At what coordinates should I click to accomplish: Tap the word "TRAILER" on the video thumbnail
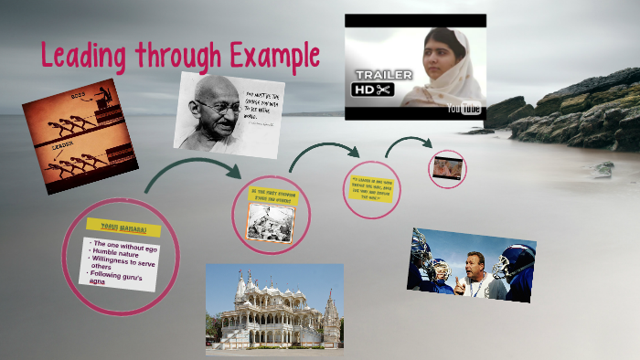pos(383,74)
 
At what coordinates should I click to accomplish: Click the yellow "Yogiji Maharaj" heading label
pos(123,227)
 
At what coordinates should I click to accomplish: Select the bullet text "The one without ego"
pos(126,245)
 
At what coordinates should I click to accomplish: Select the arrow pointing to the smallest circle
pos(408,143)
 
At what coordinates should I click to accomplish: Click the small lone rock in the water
pos(603,169)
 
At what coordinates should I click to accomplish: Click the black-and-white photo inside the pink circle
pos(271,222)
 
